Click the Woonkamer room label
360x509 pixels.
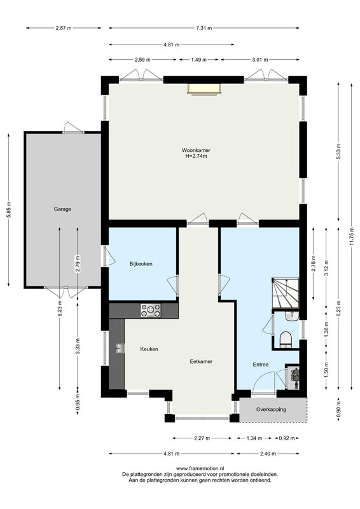pos(196,150)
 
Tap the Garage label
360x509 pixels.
pos(62,209)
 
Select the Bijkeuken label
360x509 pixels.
pos(141,264)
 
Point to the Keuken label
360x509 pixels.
pos(149,349)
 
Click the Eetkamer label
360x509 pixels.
pos(201,361)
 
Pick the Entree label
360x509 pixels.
pos(260,365)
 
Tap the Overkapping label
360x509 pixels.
pos(271,409)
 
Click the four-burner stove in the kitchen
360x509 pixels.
pos(151,310)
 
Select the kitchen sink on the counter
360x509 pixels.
pos(120,348)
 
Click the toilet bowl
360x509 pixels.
pos(286,340)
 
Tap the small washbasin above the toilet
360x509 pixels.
pos(292,316)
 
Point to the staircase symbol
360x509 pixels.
pos(286,293)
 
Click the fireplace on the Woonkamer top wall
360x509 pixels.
pos(204,89)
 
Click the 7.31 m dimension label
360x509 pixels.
pos(204,28)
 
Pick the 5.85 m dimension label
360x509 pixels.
pos(8,210)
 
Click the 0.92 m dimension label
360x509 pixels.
pos(287,438)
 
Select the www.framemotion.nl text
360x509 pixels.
pos(200,468)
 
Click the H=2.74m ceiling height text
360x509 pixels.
pos(196,156)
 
